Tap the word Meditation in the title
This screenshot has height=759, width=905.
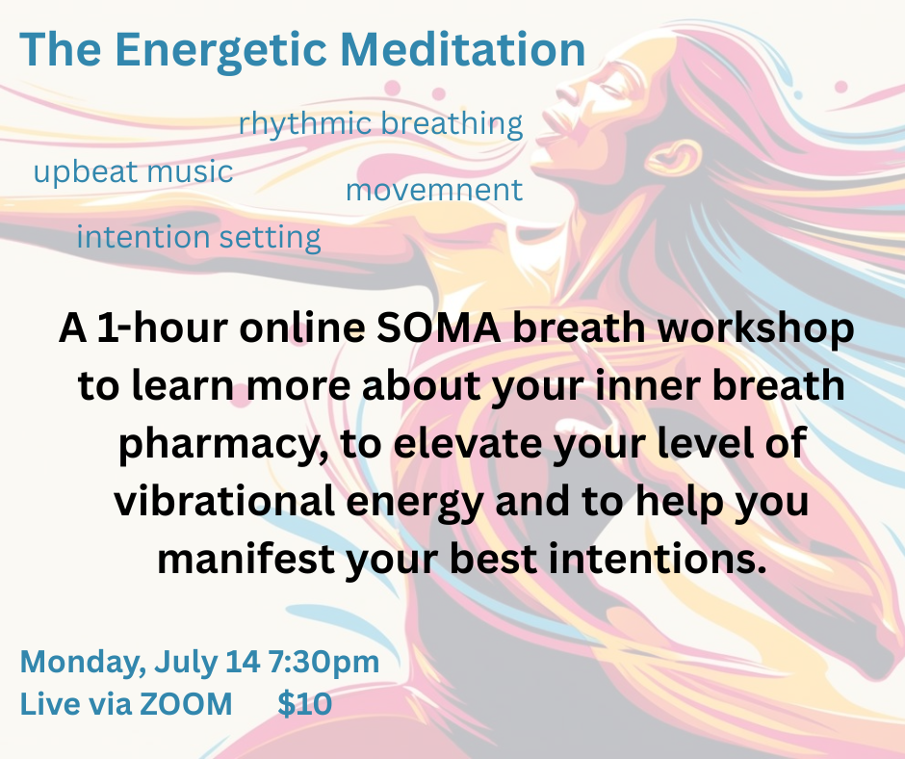[x=463, y=49]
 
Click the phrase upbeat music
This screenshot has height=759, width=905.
[x=133, y=172]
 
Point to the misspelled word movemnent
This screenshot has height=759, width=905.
[x=434, y=190]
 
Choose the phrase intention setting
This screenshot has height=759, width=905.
[x=198, y=237]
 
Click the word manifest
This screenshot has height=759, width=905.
[x=246, y=559]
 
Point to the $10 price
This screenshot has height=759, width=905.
[x=305, y=703]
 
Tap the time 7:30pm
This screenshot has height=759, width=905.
[x=323, y=663]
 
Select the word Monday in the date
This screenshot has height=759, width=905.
[x=83, y=663]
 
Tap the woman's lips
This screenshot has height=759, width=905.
[x=552, y=127]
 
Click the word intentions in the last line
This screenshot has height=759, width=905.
[x=657, y=559]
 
